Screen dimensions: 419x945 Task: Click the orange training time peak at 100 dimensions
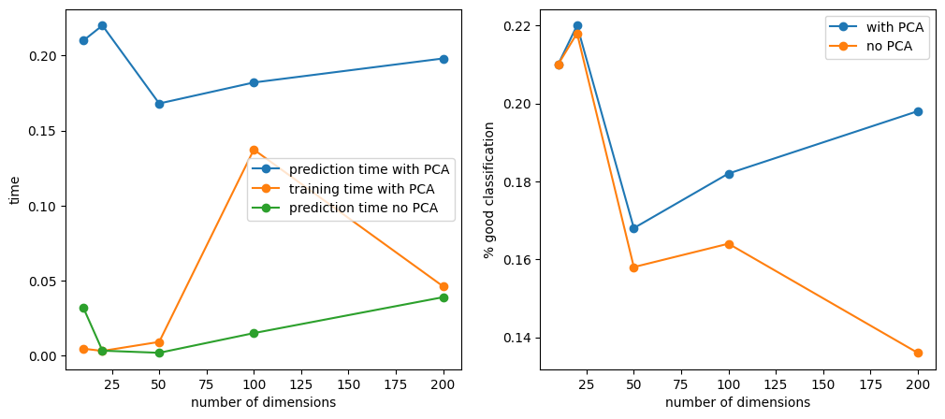click(254, 150)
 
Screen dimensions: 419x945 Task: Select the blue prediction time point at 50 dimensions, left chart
click(159, 104)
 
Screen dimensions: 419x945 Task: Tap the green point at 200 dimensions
click(443, 297)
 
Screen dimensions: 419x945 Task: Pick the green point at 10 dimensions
click(83, 308)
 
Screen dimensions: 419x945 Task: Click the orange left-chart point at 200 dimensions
click(443, 286)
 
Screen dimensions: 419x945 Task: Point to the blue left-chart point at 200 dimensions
click(443, 59)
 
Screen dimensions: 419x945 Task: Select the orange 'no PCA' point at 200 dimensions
click(918, 353)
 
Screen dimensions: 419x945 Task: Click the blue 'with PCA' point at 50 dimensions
click(633, 228)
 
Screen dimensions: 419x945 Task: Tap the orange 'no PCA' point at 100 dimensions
click(729, 244)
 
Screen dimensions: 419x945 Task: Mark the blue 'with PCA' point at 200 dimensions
click(918, 111)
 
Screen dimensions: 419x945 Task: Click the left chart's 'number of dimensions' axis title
click(263, 403)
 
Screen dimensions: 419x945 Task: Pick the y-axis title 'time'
click(14, 191)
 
